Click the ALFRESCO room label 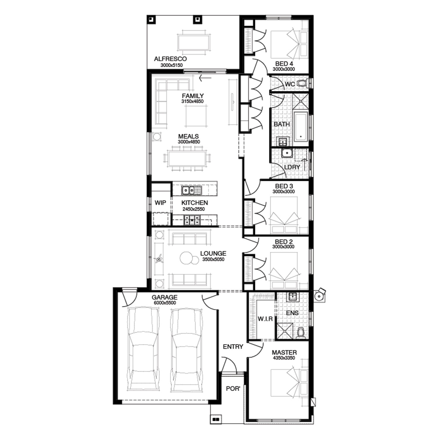coord(170,59)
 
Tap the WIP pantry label coord(160,203)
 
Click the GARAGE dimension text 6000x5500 coord(165,303)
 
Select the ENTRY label coord(233,347)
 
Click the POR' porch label coord(233,389)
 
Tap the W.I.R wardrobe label coord(265,319)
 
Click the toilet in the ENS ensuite coord(301,334)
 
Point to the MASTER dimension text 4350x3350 coord(284,358)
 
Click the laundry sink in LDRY coord(287,153)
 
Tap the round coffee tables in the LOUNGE coord(189,258)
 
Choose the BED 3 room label coord(284,186)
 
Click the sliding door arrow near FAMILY coord(205,78)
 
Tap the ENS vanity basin coord(292,297)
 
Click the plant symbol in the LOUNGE coord(159,259)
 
